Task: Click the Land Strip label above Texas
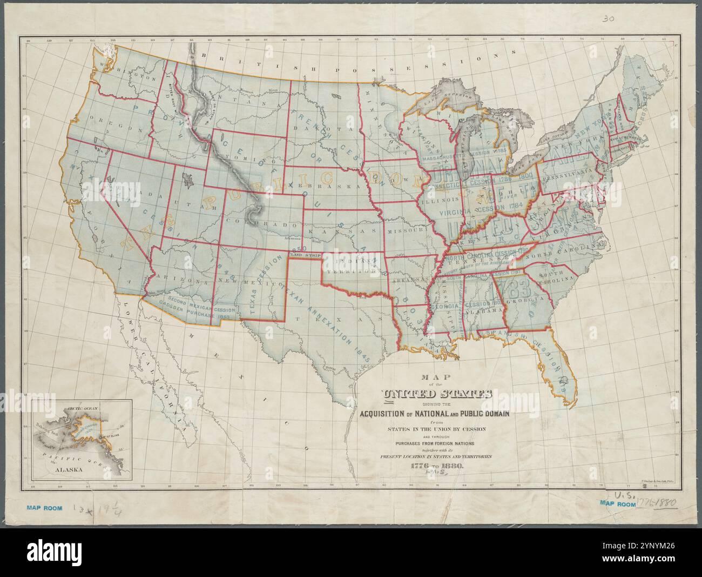[305, 254]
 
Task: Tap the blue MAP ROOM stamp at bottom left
[44, 508]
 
